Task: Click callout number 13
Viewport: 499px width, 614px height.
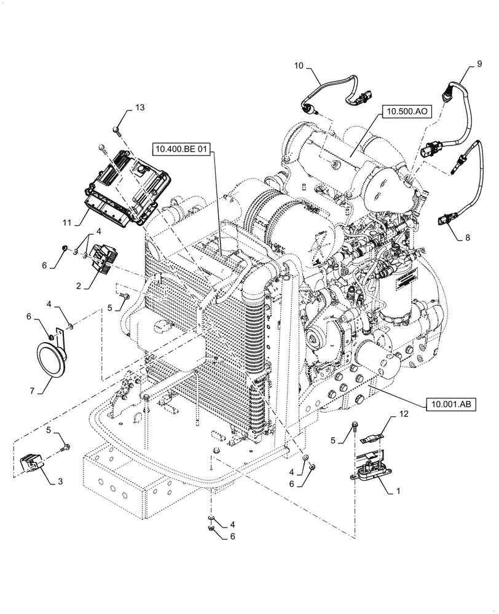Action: coord(140,108)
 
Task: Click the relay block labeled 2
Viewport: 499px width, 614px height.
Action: coord(102,257)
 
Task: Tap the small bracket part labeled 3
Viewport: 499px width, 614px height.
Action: coord(33,465)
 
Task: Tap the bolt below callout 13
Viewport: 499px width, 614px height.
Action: coord(116,130)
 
